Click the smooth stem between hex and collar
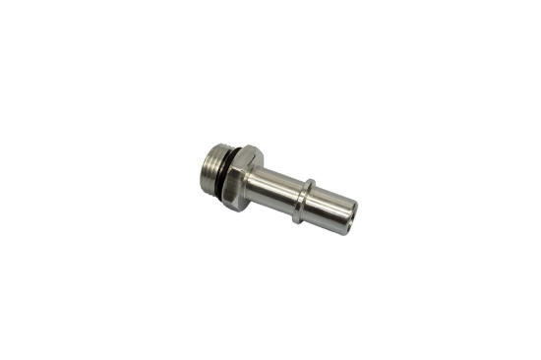281,185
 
